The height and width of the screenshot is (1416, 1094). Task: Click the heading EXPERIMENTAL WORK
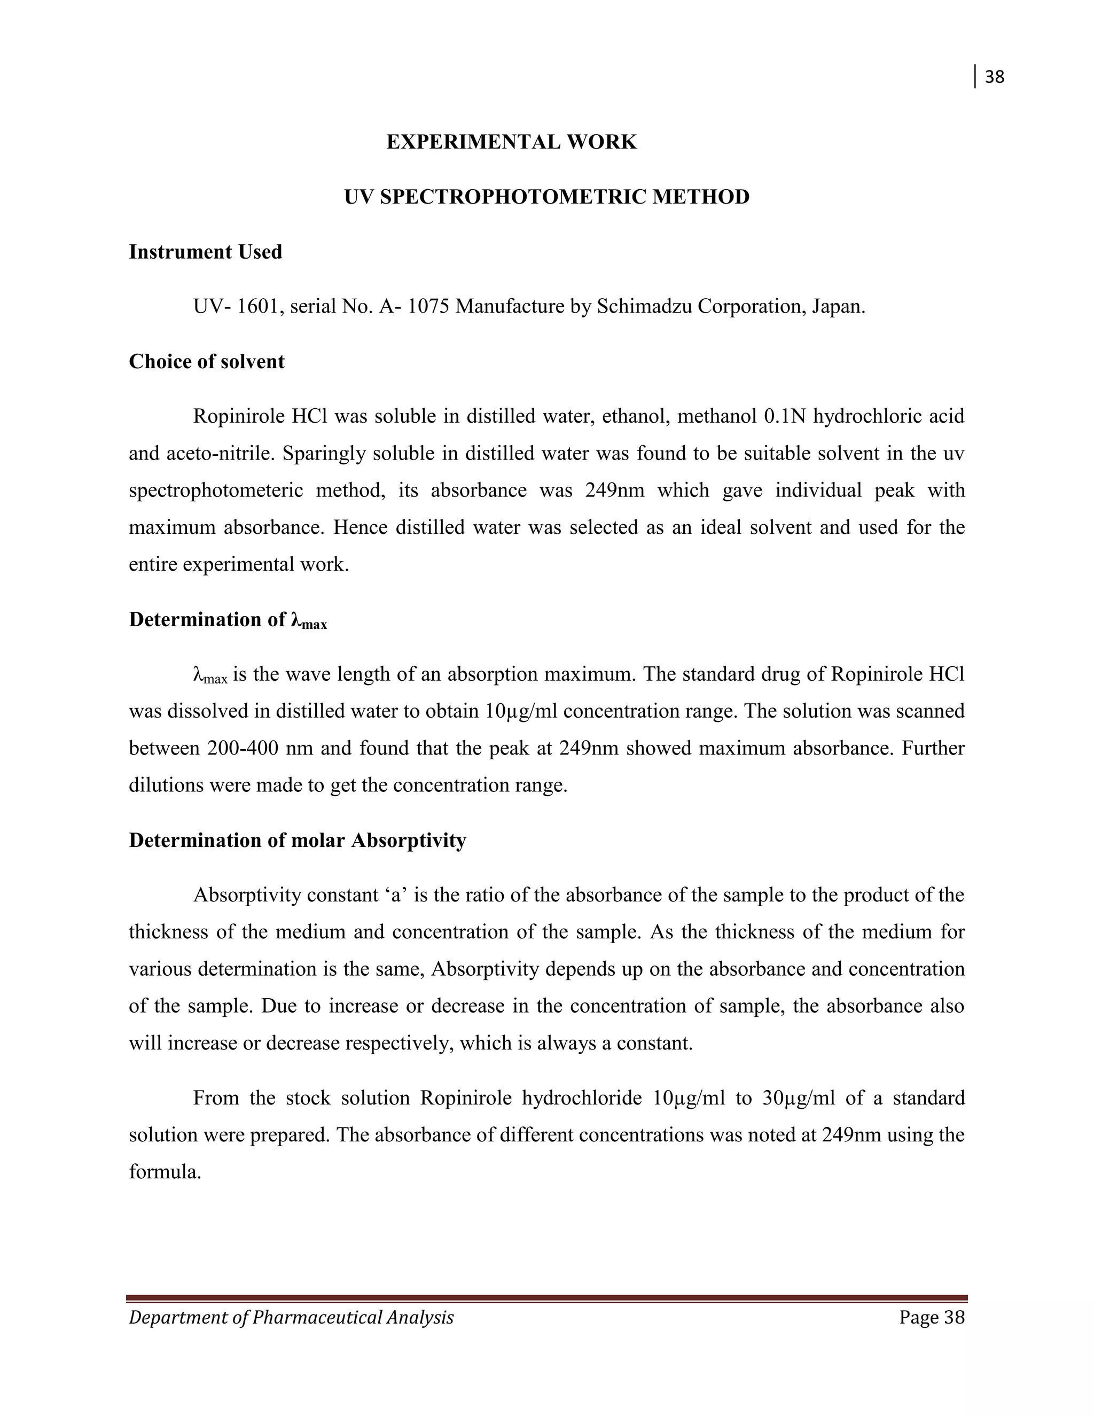[511, 142]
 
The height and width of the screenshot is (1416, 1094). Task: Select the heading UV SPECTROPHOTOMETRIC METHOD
[546, 197]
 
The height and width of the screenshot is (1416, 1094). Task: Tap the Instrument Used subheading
[206, 252]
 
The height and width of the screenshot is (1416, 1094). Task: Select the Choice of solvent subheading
[206, 361]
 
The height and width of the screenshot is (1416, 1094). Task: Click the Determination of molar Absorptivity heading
[297, 841]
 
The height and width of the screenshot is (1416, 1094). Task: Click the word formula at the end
[165, 1172]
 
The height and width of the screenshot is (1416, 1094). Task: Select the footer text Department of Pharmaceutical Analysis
[291, 1318]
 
